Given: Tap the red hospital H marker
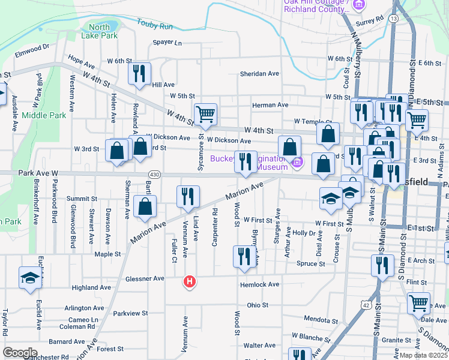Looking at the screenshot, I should [x=190, y=281].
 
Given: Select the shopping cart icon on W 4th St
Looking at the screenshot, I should [x=205, y=113].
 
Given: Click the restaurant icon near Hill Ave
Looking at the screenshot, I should [x=139, y=74].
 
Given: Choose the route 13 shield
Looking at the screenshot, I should [x=393, y=19].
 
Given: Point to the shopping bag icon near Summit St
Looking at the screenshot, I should [x=145, y=207].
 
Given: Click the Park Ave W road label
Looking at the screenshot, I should [x=38, y=173].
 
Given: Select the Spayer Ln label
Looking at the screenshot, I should [x=167, y=43].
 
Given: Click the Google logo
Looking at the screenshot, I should [x=20, y=352].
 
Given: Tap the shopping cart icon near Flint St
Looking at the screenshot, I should [x=419, y=303].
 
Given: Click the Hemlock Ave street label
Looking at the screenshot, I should [x=260, y=284].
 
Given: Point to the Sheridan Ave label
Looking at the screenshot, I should [x=259, y=73].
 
